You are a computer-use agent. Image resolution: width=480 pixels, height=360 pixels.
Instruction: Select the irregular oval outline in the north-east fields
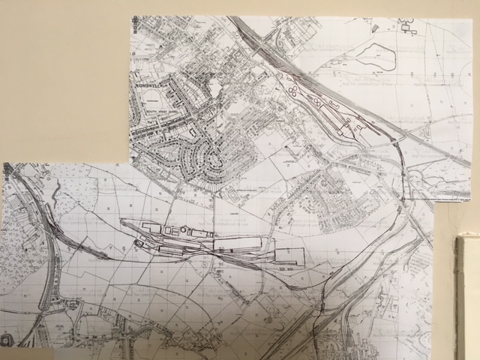click(x=373, y=54)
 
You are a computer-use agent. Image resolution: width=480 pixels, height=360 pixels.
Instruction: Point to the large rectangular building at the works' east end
click(x=289, y=256)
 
